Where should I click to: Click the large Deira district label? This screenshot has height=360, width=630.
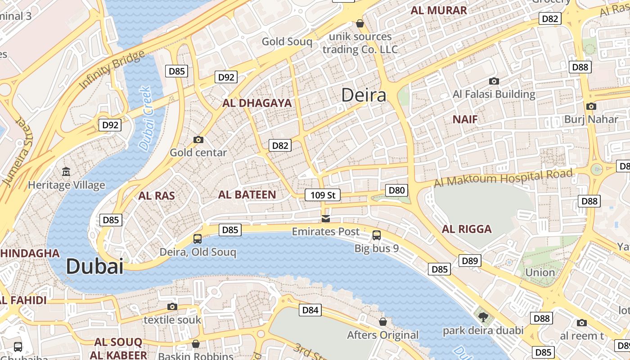click(x=364, y=95)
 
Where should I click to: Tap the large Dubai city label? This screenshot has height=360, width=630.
click(x=94, y=266)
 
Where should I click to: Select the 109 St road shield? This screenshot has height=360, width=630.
click(x=323, y=195)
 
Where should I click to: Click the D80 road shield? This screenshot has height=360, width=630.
click(x=396, y=190)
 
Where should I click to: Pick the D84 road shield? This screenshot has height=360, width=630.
click(x=310, y=310)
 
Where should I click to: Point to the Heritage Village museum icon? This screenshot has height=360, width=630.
click(x=66, y=171)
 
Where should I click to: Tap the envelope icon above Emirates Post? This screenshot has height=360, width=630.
click(x=325, y=219)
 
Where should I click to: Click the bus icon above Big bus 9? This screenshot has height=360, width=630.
click(x=377, y=235)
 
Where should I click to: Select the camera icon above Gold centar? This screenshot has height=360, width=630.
click(x=198, y=139)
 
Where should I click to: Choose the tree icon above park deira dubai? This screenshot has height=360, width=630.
click(x=483, y=317)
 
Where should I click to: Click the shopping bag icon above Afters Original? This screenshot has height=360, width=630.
click(x=382, y=322)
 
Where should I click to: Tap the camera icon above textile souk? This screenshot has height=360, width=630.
click(x=172, y=307)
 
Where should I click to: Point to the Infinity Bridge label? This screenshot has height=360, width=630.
click(x=112, y=70)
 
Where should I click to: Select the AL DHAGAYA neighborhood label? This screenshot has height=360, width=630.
click(x=257, y=103)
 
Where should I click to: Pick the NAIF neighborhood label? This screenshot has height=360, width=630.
click(x=465, y=119)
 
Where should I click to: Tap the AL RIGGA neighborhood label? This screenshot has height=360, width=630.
click(x=467, y=229)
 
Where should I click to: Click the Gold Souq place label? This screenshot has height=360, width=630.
click(x=287, y=42)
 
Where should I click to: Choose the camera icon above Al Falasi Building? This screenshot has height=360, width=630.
click(x=494, y=81)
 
